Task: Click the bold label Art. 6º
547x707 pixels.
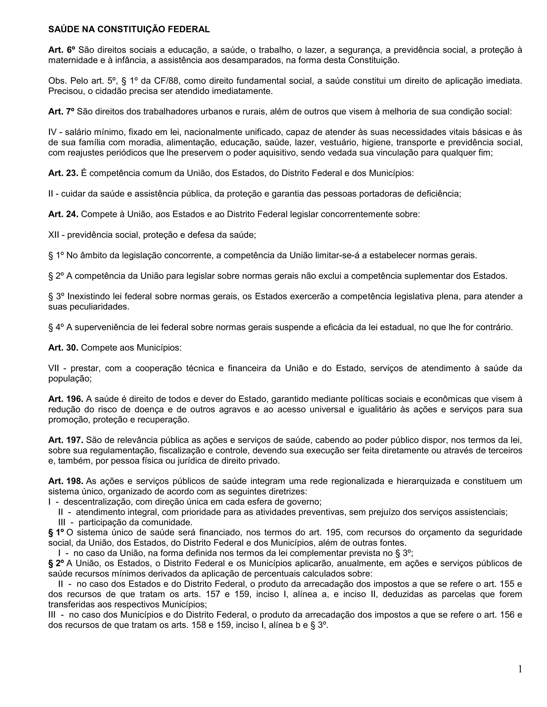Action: coord(62,50)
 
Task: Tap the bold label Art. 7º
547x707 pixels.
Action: coord(61,112)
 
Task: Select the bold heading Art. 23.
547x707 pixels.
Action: coord(63,173)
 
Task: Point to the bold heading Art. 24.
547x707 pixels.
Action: coord(63,214)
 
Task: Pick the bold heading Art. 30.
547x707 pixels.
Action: coord(63,348)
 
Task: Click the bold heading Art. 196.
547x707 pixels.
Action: coord(66,399)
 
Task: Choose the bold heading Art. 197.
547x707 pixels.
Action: coord(66,440)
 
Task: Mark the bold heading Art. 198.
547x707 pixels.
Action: coord(66,481)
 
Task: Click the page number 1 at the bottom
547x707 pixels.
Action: coord(520,669)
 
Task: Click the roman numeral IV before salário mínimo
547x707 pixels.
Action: coord(53,132)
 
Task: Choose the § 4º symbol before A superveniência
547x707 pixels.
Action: coord(56,327)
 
